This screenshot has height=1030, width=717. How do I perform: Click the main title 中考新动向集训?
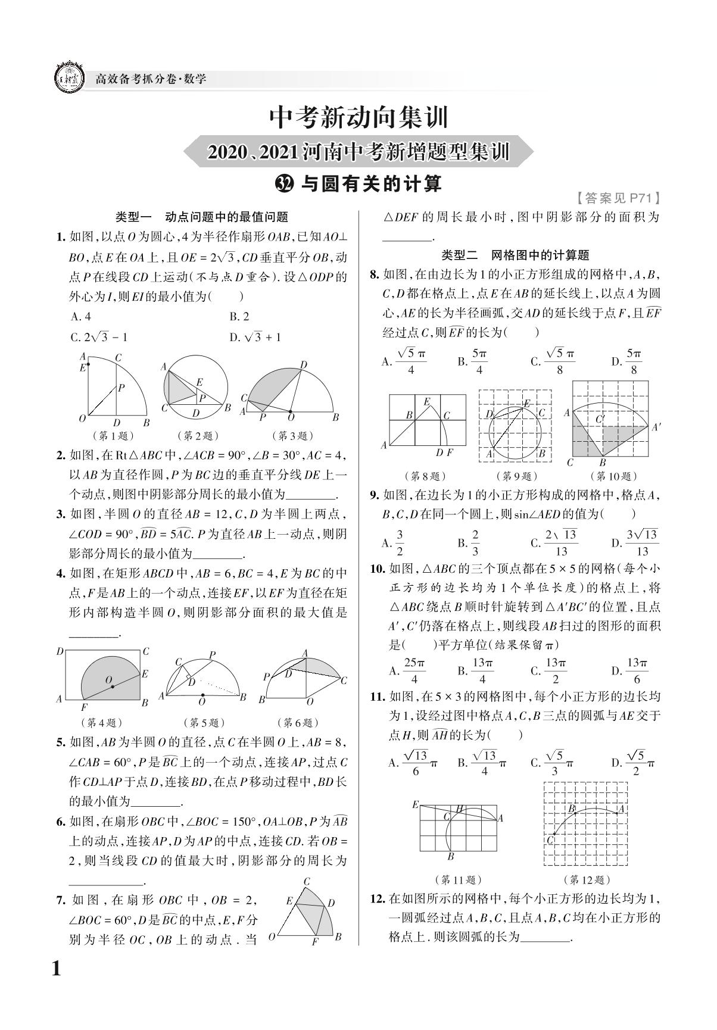(x=358, y=117)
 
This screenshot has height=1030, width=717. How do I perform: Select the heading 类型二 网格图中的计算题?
(x=515, y=255)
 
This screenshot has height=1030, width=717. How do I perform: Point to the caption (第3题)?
(x=292, y=436)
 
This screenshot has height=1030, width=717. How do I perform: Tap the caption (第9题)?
(x=516, y=476)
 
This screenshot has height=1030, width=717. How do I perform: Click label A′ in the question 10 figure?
(x=656, y=427)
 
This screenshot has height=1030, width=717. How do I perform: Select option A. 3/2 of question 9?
(x=394, y=542)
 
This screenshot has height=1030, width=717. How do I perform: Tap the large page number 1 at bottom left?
(x=57, y=969)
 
